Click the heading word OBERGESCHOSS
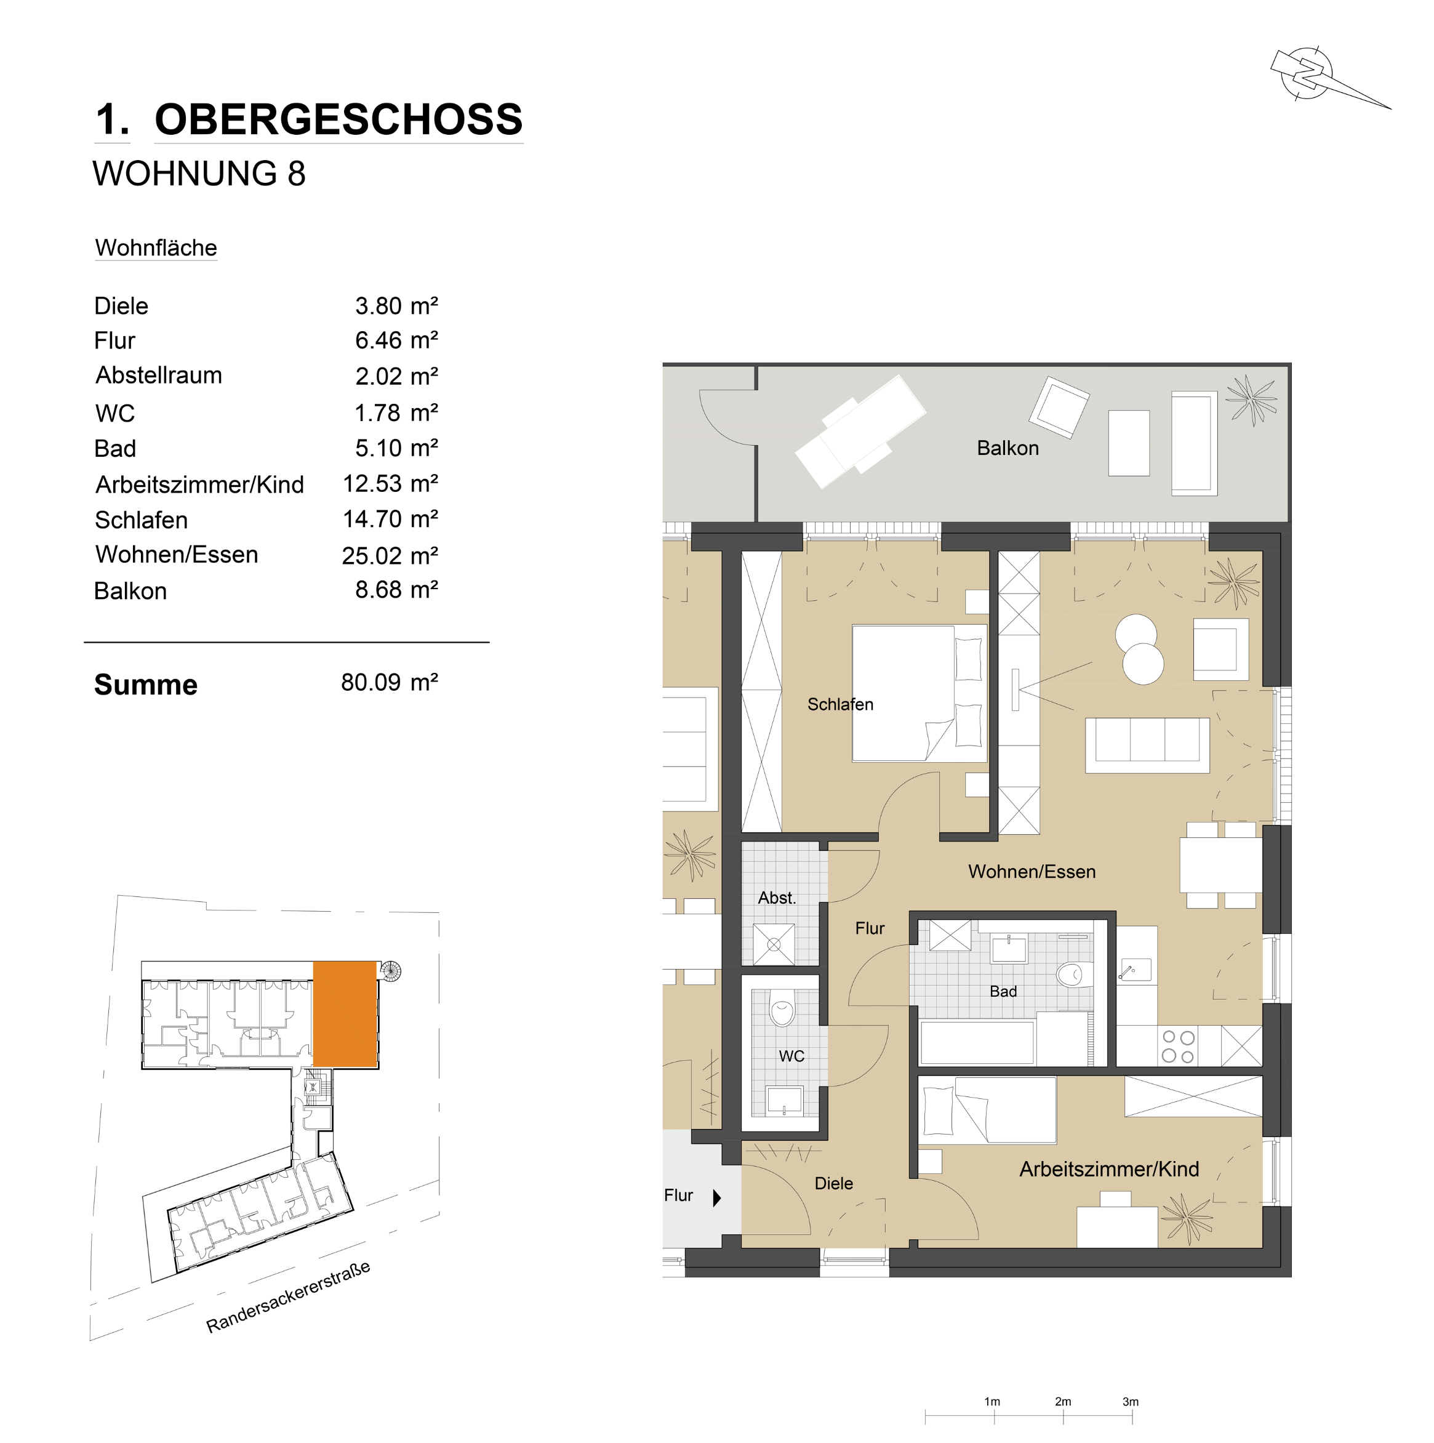tap(338, 119)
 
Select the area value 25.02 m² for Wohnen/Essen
tap(389, 556)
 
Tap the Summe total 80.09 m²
tap(389, 683)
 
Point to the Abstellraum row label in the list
tap(159, 375)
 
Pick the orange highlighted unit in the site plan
tap(345, 1013)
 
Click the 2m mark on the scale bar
tap(1063, 1402)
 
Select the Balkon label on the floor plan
tap(1007, 448)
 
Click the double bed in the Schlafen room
tap(919, 694)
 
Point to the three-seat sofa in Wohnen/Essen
tap(1147, 746)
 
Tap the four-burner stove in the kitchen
tap(1179, 1047)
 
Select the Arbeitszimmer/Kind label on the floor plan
tap(1109, 1170)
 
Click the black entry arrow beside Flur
tap(717, 1198)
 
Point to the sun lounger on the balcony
tap(860, 432)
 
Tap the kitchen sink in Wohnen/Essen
tap(1134, 970)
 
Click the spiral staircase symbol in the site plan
tap(391, 971)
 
